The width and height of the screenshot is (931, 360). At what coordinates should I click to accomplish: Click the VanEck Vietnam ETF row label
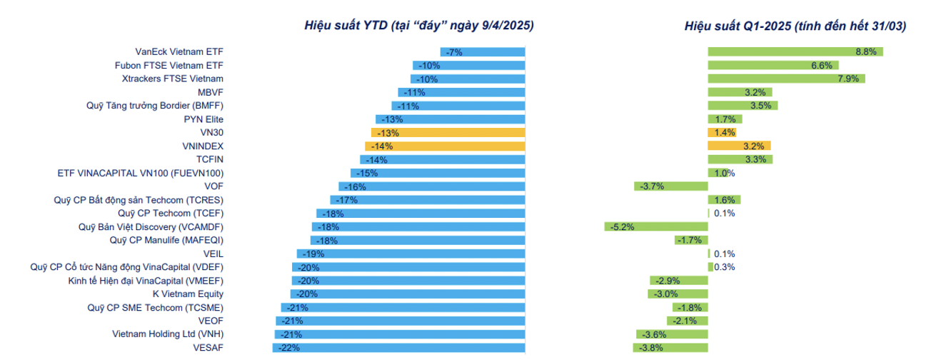pyautogui.click(x=179, y=52)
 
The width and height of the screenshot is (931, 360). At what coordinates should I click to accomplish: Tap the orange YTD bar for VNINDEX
pyautogui.click(x=445, y=146)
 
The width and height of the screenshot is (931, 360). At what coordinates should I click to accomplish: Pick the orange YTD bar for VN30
pyautogui.click(x=448, y=133)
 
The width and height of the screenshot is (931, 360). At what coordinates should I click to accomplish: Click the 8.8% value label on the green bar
pyautogui.click(x=865, y=52)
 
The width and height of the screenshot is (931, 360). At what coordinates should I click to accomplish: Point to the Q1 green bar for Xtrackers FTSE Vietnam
pyautogui.click(x=786, y=79)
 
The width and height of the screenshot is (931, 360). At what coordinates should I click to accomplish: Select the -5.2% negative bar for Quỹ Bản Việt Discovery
pyautogui.click(x=656, y=226)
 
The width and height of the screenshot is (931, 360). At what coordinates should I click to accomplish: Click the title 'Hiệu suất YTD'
pyautogui.click(x=419, y=26)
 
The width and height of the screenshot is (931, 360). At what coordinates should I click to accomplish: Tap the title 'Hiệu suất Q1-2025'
pyautogui.click(x=795, y=26)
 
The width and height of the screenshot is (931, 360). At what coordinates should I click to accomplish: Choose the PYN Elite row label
pyautogui.click(x=203, y=119)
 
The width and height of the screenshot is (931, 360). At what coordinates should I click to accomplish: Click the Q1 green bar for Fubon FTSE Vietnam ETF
pyautogui.click(x=772, y=65)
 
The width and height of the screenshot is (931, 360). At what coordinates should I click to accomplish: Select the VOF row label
pyautogui.click(x=214, y=186)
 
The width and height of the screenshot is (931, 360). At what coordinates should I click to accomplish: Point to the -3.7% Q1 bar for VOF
pyautogui.click(x=670, y=186)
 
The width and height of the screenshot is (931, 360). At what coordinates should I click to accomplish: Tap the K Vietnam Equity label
pyautogui.click(x=188, y=294)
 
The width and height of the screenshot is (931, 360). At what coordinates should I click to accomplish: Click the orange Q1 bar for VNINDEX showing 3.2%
pyautogui.click(x=739, y=146)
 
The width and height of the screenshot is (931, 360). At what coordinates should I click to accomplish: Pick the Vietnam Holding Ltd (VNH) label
pyautogui.click(x=168, y=334)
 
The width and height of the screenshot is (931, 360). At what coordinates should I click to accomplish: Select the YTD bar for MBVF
pyautogui.click(x=461, y=92)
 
